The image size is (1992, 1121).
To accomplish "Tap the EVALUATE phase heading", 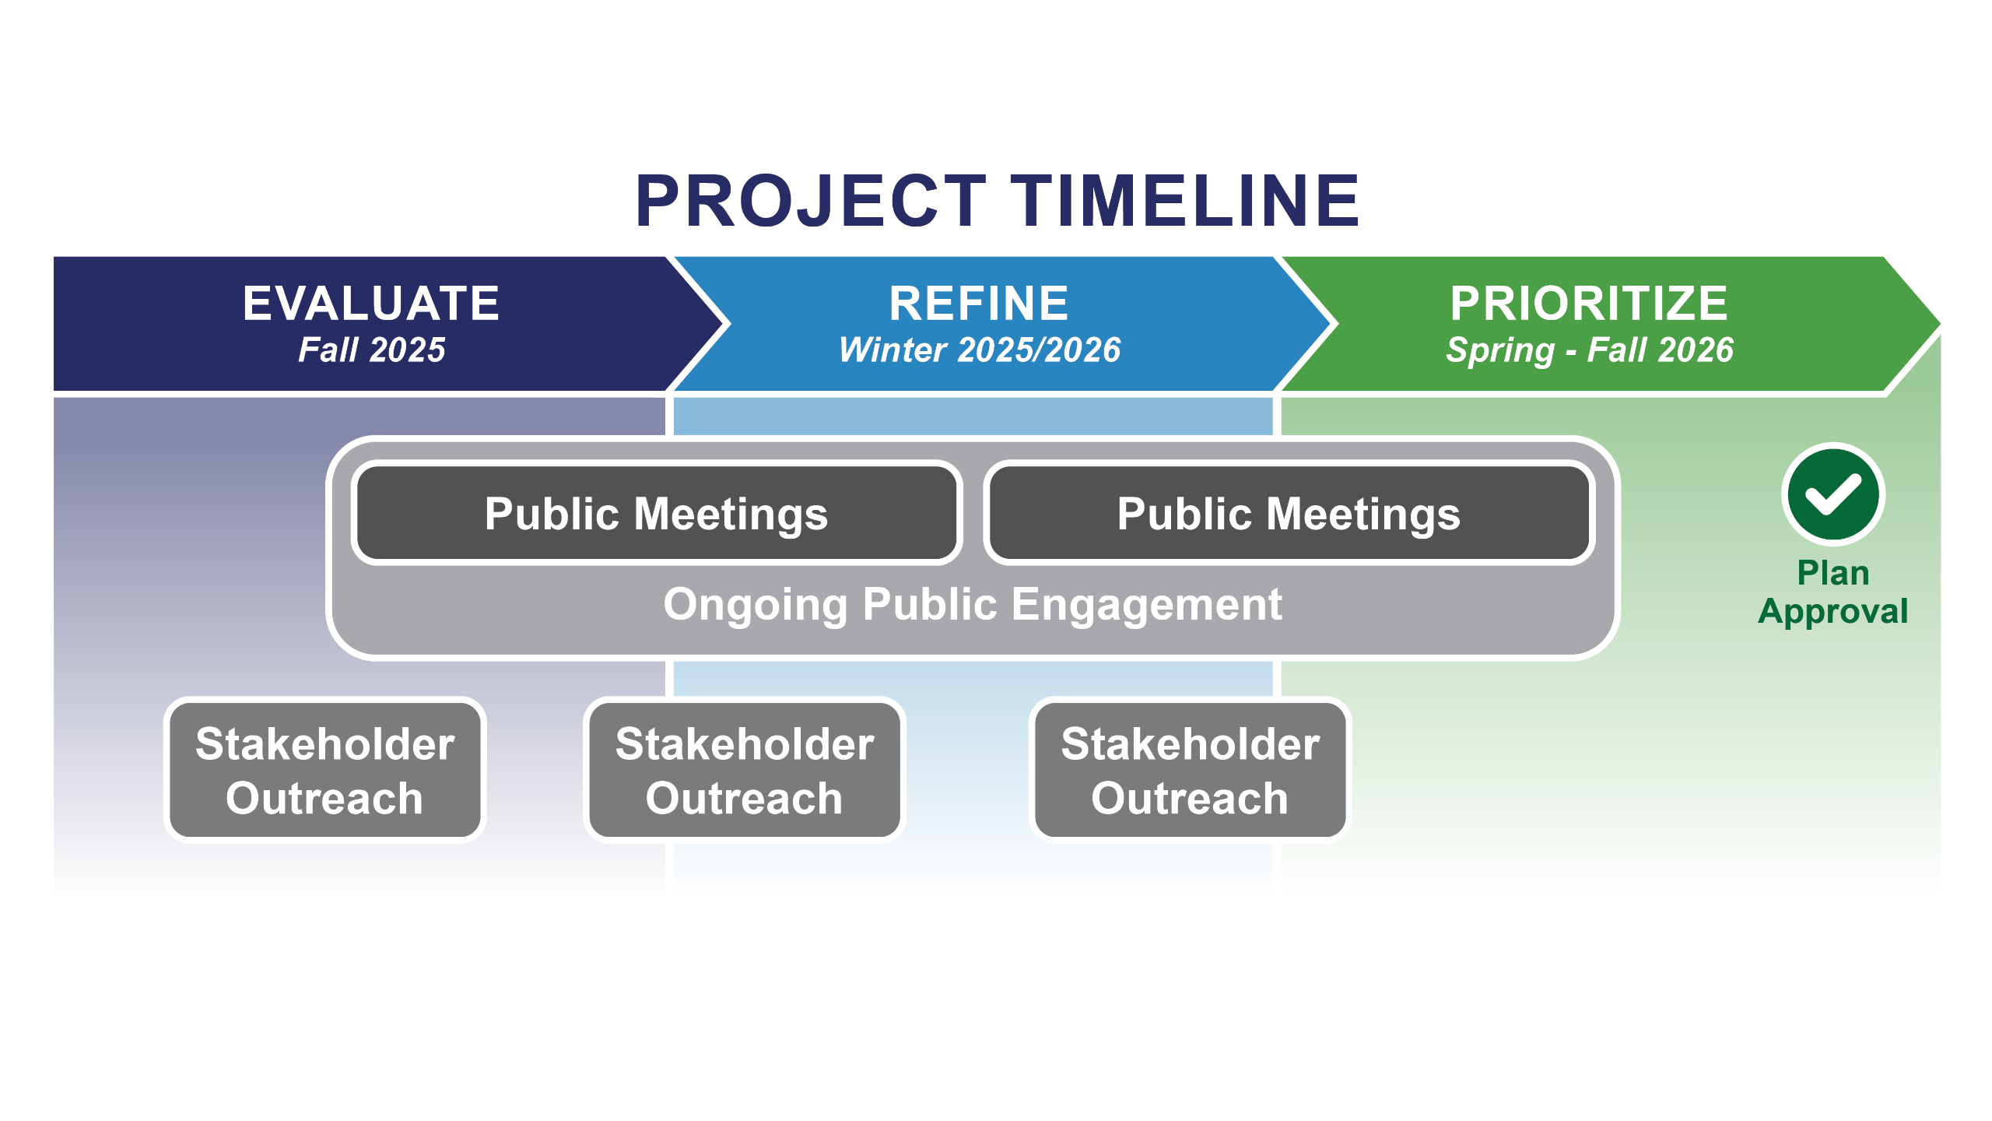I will coord(371,303).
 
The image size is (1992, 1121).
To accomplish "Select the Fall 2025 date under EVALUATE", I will coord(371,350).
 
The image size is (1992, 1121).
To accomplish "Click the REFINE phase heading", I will coord(979,303).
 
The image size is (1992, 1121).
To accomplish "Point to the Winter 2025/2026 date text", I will coord(979,350).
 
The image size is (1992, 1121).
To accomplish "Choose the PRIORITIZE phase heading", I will coord(1589,303).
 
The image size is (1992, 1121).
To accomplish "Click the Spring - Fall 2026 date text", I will coord(1589,350).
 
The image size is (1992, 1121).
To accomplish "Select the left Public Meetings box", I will coord(656,514).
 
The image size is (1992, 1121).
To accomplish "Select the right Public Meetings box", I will coord(1289,514).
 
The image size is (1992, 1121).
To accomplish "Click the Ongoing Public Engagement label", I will coord(973,605).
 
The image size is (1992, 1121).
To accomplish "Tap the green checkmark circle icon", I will coord(1832,495).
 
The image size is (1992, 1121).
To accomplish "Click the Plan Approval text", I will coord(1832,592).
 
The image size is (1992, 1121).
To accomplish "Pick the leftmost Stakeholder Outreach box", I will coord(324,770).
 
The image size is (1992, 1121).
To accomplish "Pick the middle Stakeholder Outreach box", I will coord(744,770).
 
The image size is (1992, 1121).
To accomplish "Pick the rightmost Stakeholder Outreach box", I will coord(1190,770).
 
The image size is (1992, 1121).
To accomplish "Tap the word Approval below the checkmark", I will coord(1832,612).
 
